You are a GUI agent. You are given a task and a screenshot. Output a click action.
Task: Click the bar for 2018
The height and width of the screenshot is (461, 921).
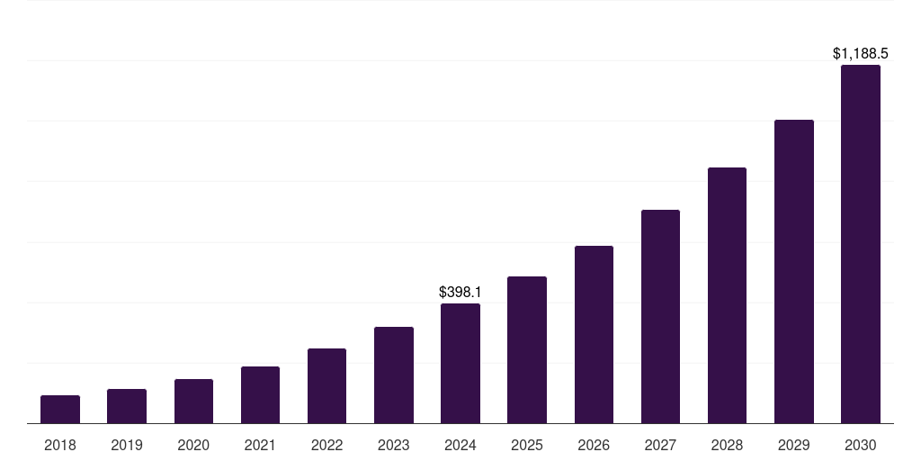coord(60,409)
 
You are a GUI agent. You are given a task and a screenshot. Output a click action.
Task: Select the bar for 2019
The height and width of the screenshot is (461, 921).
coord(127,406)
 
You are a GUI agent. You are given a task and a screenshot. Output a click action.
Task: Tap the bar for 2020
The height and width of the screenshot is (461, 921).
coord(193,401)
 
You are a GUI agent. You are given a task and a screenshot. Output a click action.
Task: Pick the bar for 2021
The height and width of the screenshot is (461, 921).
coord(260,394)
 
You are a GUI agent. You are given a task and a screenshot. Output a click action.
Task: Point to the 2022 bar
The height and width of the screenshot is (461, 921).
coord(326,385)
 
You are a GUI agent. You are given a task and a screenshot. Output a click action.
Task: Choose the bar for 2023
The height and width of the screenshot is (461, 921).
coord(394,375)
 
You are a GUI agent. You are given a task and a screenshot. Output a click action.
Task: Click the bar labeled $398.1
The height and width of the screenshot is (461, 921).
coord(460,363)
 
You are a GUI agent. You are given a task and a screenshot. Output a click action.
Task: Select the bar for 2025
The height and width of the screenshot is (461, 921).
coord(527,349)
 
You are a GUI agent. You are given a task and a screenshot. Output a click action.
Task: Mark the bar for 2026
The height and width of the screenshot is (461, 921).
coord(594,334)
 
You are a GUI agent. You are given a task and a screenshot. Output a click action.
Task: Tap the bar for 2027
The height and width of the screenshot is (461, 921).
coord(660,316)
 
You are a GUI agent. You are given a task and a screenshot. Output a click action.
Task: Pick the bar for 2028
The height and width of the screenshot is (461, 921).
coord(727,295)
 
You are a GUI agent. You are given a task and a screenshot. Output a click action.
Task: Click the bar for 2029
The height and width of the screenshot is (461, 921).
coord(794,271)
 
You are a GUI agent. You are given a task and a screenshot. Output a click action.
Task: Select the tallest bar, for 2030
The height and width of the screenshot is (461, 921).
coord(861,244)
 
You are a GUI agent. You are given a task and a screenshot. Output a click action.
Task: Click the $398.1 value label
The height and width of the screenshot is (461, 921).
coord(460,292)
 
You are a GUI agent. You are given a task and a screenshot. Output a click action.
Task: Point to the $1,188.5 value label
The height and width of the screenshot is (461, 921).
coord(861,54)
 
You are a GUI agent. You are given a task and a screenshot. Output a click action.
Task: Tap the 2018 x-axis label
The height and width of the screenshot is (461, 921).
coord(60,445)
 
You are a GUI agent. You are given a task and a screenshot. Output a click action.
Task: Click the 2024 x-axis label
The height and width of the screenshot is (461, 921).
coord(460,445)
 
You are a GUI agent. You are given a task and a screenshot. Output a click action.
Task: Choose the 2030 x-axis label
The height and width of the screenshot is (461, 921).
coord(861,445)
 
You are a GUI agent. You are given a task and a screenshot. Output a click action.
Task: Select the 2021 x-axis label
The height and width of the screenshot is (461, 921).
coord(260,445)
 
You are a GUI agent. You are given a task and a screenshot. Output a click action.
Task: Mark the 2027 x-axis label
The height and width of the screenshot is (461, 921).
coord(660,445)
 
